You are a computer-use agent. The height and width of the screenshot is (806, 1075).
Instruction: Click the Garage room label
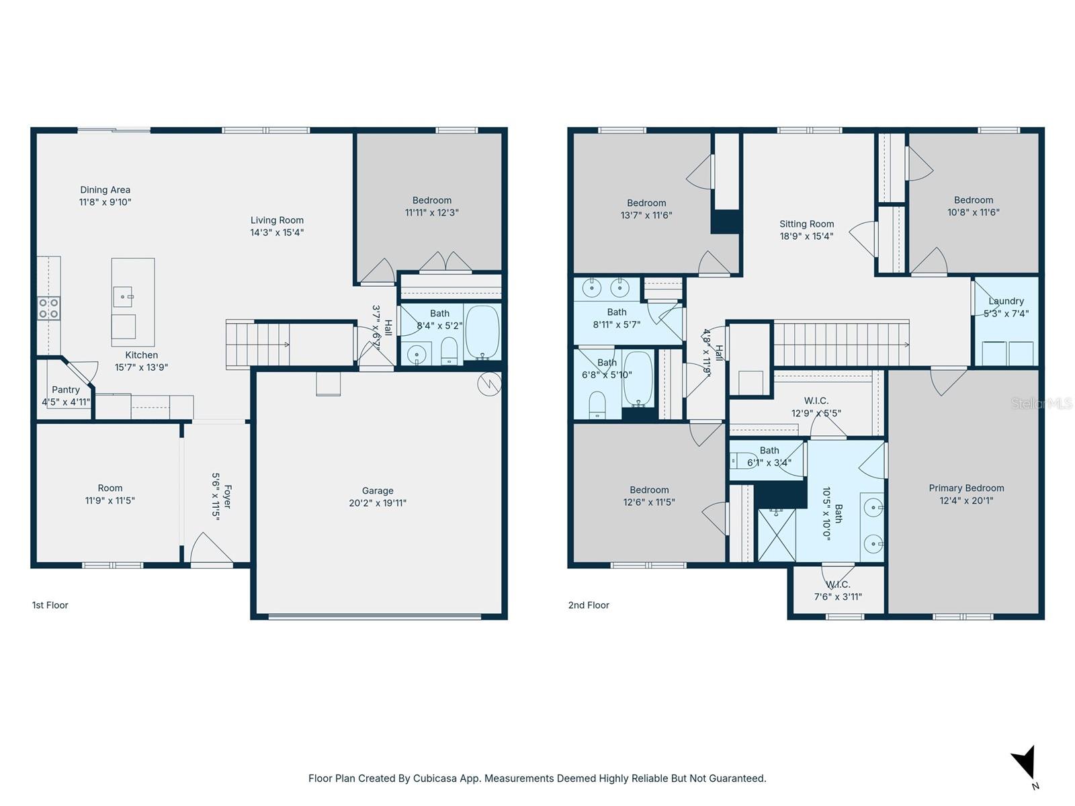point(377,491)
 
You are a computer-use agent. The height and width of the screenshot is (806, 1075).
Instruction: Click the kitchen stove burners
point(48,308)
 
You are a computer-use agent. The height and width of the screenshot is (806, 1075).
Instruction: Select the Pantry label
point(66,390)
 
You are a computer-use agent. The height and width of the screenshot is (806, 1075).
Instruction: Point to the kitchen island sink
point(124,296)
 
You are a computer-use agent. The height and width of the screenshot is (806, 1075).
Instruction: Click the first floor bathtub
point(482,332)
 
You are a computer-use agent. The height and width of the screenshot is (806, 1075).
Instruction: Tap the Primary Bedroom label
point(966,488)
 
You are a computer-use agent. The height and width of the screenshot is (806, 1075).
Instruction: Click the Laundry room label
point(1006,301)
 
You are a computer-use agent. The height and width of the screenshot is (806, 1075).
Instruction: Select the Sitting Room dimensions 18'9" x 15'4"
point(806,236)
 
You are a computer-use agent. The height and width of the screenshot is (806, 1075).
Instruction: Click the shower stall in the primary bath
point(777,535)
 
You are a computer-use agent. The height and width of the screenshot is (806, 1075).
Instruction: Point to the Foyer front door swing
point(210,549)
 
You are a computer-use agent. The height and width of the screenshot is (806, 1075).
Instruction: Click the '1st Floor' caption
point(50,605)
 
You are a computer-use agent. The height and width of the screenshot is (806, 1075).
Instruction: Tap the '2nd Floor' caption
point(589,605)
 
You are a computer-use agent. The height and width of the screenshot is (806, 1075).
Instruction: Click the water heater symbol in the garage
point(489,384)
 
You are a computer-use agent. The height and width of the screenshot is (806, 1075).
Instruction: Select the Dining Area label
point(105,190)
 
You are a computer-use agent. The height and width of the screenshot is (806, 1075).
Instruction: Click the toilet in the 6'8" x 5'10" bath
point(597,405)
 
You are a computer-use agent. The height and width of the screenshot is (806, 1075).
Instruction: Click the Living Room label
point(277,220)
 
